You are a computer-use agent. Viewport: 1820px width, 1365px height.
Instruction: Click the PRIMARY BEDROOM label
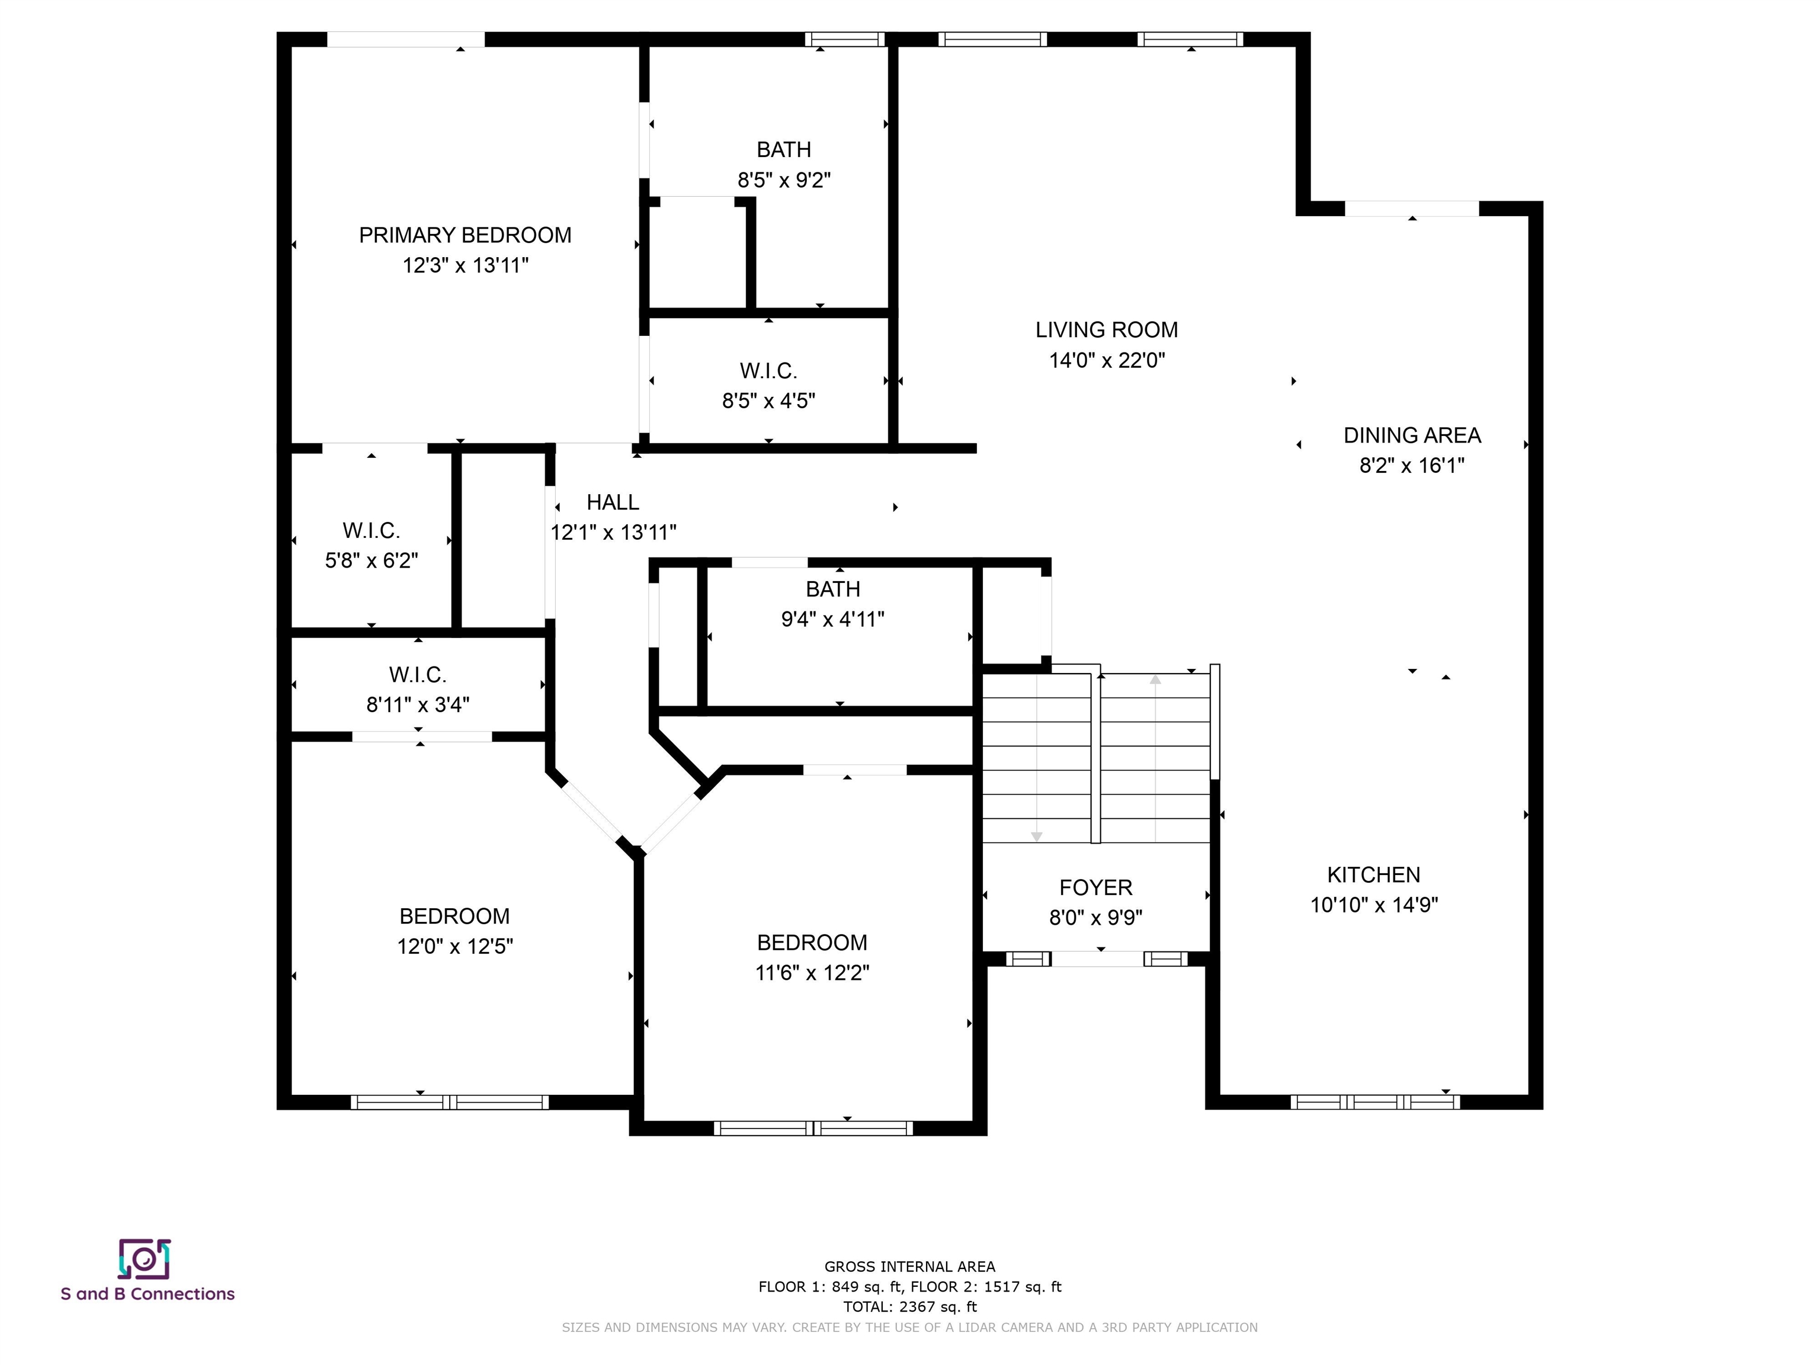click(465, 235)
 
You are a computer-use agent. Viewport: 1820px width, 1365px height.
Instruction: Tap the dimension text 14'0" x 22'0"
click(1107, 360)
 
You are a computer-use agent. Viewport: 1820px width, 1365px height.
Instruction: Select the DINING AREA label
click(1412, 435)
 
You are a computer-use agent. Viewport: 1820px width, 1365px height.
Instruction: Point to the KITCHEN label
click(1373, 874)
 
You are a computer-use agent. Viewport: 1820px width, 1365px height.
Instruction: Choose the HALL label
click(612, 502)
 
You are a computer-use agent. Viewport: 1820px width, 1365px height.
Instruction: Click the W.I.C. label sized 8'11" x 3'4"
click(418, 675)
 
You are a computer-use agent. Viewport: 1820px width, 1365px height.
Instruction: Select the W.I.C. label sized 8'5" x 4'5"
click(768, 371)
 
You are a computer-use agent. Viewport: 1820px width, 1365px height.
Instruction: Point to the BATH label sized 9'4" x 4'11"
click(832, 589)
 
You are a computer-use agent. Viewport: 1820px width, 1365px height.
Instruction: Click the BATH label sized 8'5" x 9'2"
click(783, 150)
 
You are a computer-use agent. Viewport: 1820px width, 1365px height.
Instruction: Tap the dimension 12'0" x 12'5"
click(455, 946)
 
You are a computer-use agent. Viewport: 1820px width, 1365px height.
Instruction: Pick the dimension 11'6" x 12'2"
click(812, 973)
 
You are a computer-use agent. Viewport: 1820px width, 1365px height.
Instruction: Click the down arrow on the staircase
click(1037, 836)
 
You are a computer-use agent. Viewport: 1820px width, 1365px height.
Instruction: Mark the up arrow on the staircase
click(1155, 680)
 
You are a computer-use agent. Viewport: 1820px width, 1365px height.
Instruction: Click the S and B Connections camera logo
click(144, 1259)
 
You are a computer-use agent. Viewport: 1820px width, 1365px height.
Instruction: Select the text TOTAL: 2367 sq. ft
click(910, 1306)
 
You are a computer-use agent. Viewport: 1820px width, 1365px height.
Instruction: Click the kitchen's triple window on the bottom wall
click(1375, 1102)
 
